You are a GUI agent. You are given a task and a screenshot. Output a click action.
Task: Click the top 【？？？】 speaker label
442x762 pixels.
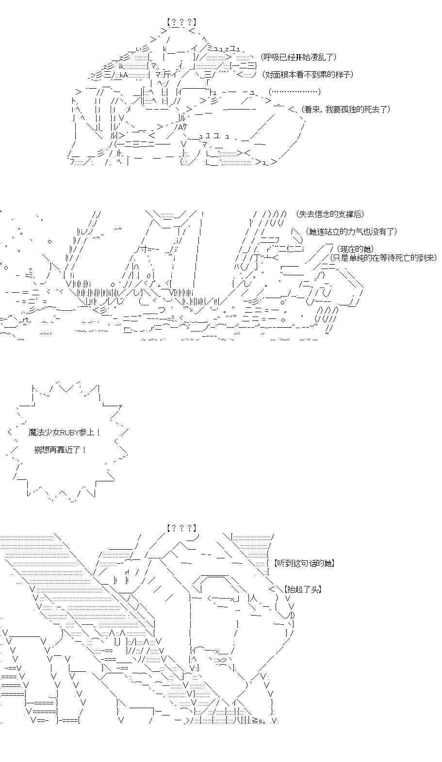181,22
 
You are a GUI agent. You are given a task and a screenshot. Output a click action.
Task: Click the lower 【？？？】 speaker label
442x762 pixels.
181,528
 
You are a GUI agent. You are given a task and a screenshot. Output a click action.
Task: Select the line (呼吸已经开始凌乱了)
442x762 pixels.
298,57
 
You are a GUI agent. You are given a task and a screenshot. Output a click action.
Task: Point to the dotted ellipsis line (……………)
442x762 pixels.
295,92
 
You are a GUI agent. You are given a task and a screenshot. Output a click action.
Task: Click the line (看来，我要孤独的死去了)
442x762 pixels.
345,109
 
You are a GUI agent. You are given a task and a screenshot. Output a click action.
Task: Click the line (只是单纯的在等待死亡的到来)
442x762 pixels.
383,257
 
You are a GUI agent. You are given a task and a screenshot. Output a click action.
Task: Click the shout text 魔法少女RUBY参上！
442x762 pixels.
65,432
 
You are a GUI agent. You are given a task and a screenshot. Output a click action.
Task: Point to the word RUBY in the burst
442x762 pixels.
72,432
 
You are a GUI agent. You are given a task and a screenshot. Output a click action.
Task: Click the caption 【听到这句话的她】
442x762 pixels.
304,563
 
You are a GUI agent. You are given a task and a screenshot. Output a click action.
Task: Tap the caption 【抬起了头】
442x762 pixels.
303,589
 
